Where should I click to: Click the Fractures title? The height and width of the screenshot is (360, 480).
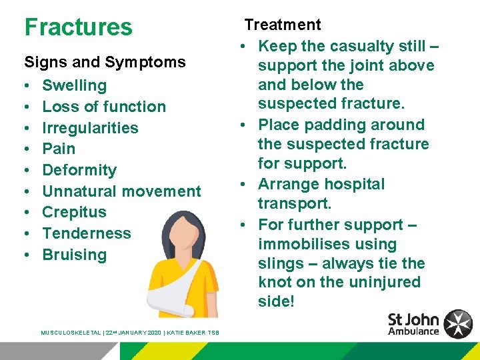tap(78, 27)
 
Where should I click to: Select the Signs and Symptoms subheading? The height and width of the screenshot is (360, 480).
tap(105, 63)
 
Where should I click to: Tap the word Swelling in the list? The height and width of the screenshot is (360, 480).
tap(74, 85)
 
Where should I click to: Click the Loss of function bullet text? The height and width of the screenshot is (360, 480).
tap(104, 107)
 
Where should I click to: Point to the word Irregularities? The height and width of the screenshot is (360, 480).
tap(90, 128)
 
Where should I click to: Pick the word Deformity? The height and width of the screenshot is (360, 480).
tap(79, 170)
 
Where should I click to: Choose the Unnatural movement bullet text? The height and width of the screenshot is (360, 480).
tap(121, 191)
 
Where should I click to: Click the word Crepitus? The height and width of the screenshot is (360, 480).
tap(74, 212)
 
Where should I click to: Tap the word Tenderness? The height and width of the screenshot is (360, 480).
tap(87, 233)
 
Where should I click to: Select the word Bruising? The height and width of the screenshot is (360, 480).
tap(74, 255)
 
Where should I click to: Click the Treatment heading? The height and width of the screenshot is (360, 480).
tap(282, 25)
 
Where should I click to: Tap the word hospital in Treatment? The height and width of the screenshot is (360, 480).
tap(354, 184)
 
